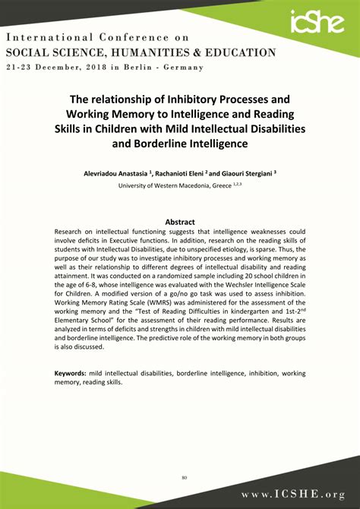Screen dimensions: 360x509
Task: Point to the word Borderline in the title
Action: [158, 142]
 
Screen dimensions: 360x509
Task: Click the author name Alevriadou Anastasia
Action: [116, 173]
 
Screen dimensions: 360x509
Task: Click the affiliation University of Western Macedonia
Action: [163, 185]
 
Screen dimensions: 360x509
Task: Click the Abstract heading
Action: [180, 223]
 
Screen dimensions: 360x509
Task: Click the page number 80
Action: [185, 456]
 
